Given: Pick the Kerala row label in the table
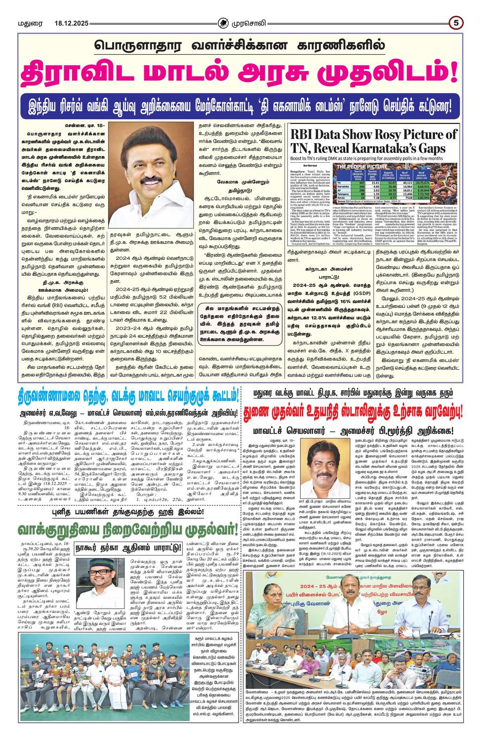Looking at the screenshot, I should pos(341,198).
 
